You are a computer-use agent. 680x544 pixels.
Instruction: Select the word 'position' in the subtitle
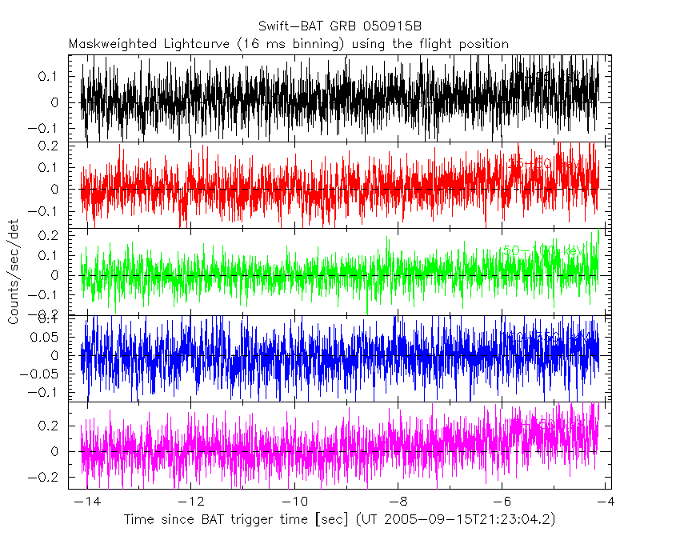(482, 44)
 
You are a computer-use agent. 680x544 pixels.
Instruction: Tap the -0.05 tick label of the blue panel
(47, 373)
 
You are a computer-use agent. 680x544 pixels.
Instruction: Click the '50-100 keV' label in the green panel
(544, 251)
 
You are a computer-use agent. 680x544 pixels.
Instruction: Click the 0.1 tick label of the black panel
(55, 77)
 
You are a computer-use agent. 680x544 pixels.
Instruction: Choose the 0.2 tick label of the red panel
(55, 146)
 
